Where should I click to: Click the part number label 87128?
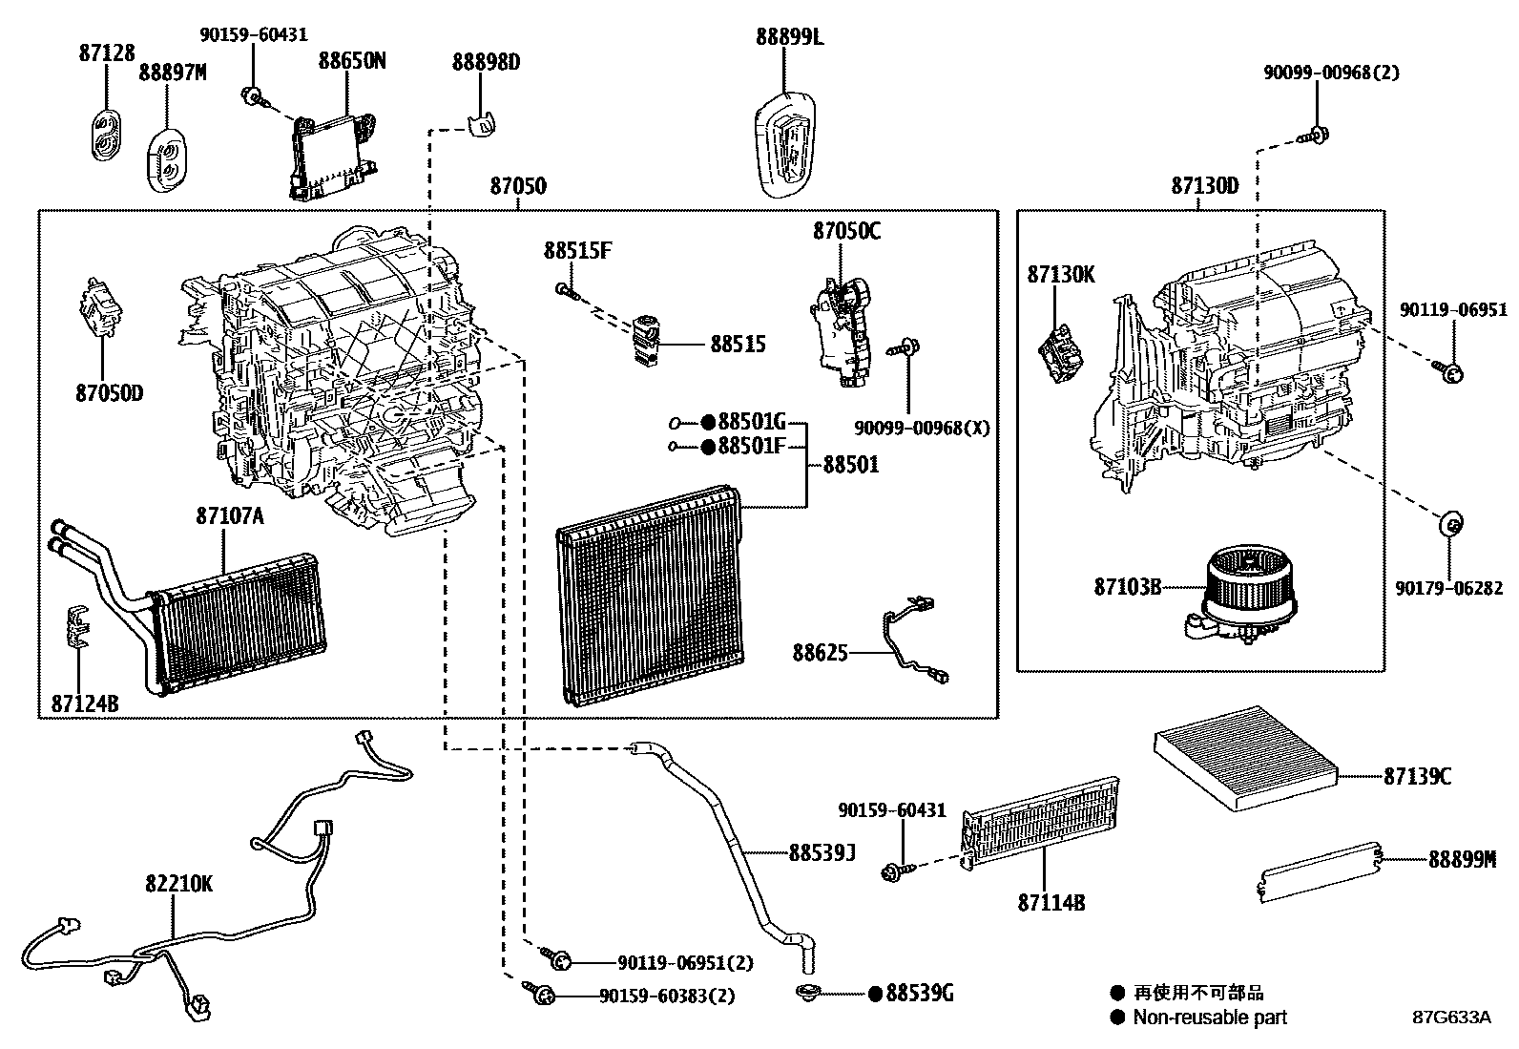click(x=107, y=52)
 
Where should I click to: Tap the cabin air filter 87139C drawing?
click(x=1246, y=758)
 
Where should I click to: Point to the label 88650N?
click(x=352, y=61)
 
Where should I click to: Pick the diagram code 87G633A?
click(x=1452, y=1018)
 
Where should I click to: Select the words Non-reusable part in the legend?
click(x=1210, y=1018)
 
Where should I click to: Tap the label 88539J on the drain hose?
click(x=822, y=853)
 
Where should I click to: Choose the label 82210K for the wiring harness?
click(x=179, y=884)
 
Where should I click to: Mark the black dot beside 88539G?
click(x=876, y=994)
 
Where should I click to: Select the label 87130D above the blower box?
click(x=1205, y=186)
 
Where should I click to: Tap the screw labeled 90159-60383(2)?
click(x=539, y=992)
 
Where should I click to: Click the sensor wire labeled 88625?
click(x=914, y=640)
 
